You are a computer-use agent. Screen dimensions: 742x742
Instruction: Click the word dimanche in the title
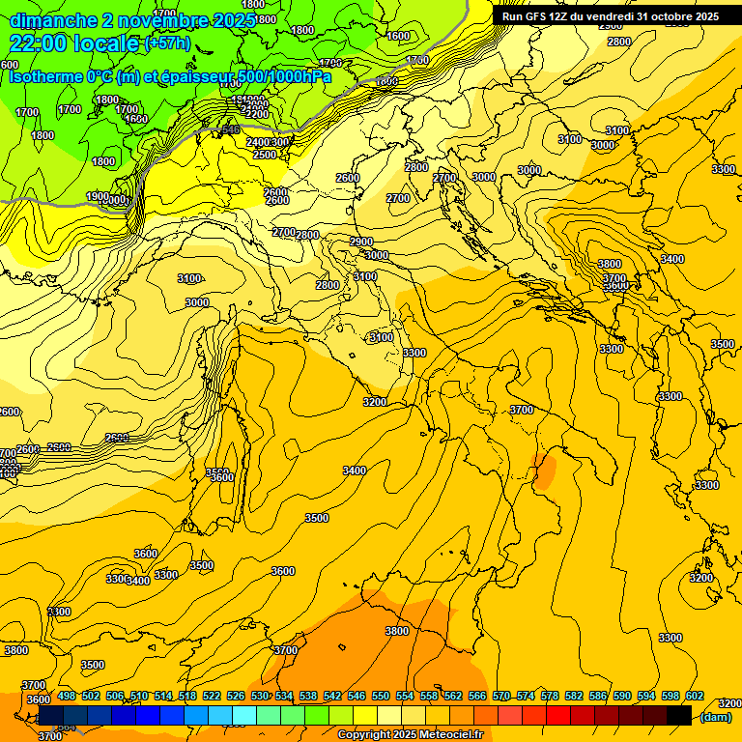pos(53,20)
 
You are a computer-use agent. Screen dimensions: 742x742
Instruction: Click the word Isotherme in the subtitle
pos(45,76)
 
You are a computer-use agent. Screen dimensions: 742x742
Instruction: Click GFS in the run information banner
pos(544,16)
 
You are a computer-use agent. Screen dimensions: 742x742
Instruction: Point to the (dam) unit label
pos(715,717)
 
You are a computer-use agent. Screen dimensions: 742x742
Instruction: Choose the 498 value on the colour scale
pos(67,696)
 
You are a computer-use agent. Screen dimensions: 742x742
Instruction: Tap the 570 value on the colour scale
pos(501,696)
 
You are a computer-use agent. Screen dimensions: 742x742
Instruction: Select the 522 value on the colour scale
pos(212,696)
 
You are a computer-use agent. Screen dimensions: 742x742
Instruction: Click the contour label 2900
pos(361,242)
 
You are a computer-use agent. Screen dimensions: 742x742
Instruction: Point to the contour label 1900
pos(97,196)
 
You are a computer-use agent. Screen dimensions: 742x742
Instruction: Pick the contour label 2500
pos(264,155)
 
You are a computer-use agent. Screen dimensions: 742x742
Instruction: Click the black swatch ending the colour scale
pos(679,716)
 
